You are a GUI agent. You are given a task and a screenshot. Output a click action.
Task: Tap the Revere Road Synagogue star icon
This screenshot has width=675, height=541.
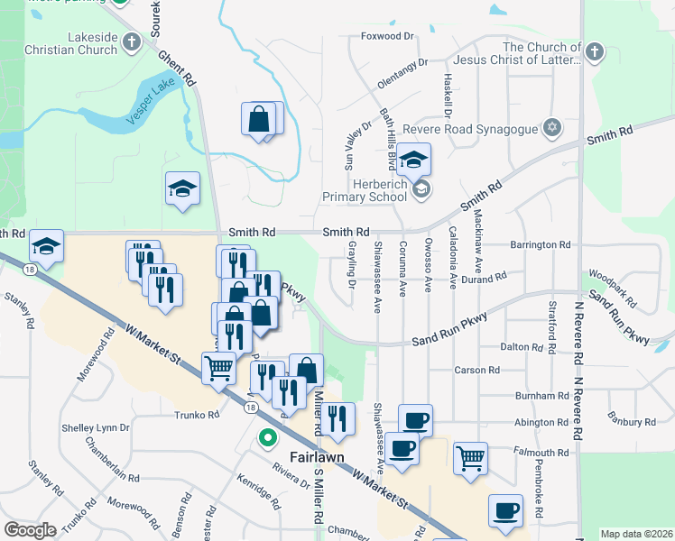(x=550, y=127)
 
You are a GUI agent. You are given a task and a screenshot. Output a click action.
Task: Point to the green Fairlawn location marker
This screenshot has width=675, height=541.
(x=267, y=439)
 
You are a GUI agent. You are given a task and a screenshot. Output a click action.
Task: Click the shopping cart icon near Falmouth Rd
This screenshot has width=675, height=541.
(x=471, y=459)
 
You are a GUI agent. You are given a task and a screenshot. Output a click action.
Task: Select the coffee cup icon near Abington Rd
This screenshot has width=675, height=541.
(x=415, y=420)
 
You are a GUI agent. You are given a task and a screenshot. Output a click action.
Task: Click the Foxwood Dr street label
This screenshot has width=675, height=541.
(x=386, y=37)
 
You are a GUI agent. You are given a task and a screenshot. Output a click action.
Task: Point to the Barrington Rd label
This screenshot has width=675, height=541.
(x=540, y=244)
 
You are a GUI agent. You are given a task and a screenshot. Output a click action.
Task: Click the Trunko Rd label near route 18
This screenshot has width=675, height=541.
(x=198, y=415)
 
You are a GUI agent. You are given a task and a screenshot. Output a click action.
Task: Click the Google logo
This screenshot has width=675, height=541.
(x=30, y=530)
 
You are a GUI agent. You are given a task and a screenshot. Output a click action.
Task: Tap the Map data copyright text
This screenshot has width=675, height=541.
(x=635, y=534)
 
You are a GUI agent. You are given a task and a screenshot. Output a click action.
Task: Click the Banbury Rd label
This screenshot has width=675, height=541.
(x=631, y=420)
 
